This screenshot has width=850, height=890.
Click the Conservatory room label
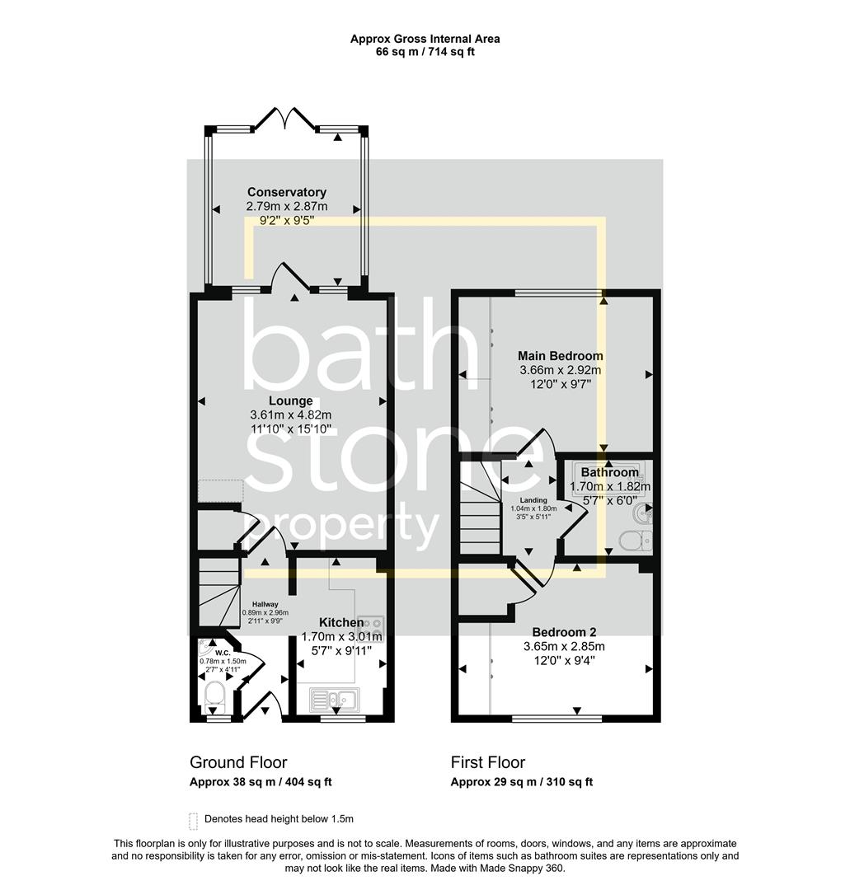pyautogui.click(x=287, y=192)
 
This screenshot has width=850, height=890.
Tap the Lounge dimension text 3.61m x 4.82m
pyautogui.click(x=289, y=415)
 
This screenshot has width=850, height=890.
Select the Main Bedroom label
pyautogui.click(x=560, y=356)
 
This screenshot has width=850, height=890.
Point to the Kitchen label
pyautogui.click(x=341, y=622)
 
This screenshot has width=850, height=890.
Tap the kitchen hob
pyautogui.click(x=372, y=624)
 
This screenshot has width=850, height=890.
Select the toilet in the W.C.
pyautogui.click(x=214, y=696)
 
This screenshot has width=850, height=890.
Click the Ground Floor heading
pyautogui.click(x=238, y=762)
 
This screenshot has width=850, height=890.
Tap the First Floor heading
pyautogui.click(x=487, y=762)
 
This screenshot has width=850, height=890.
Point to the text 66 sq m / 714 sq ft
pyautogui.click(x=425, y=52)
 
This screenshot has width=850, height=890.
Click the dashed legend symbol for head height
pyautogui.click(x=194, y=820)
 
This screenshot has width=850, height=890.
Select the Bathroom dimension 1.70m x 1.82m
pyautogui.click(x=609, y=486)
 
